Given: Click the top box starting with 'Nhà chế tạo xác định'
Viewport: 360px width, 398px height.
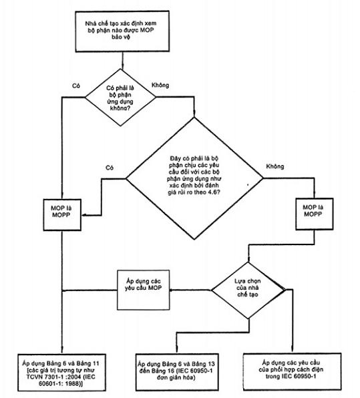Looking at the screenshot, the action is [122, 31].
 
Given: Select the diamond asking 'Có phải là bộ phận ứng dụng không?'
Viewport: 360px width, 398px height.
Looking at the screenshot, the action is [120, 97].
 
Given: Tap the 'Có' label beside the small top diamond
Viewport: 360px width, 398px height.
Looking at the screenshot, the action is [76, 85].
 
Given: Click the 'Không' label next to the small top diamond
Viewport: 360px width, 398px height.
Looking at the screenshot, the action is [160, 85].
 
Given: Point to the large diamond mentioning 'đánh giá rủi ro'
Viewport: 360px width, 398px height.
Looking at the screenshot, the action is [194, 178].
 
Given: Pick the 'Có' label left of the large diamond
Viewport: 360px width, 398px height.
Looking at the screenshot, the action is [110, 168].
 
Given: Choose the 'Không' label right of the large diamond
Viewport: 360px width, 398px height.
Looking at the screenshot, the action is [275, 166].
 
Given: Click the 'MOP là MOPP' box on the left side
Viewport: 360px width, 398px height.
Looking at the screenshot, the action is [62, 215].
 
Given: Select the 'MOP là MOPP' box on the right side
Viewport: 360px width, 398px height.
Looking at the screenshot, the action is [315, 214].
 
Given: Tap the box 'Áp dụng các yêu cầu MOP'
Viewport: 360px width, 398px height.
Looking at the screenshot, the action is [143, 290].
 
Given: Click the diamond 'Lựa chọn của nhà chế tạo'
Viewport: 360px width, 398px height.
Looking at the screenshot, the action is [248, 290].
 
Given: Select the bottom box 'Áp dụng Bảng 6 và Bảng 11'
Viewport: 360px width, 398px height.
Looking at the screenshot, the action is [61, 373].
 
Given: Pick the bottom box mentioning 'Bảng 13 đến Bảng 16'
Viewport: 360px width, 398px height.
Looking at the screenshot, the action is [177, 372].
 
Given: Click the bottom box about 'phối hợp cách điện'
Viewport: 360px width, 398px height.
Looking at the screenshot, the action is [292, 371].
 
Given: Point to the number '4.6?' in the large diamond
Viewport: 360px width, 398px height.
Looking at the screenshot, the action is [214, 192].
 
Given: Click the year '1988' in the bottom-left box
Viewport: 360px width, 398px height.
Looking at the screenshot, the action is [74, 383].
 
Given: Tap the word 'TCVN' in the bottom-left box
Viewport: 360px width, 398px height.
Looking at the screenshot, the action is [34, 377].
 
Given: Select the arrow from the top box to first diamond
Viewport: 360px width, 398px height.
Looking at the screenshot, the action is [123, 60].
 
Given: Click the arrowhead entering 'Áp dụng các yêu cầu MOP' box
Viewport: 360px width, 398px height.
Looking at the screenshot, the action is [172, 290].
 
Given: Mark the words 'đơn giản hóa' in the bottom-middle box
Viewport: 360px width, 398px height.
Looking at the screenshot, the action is [176, 378].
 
